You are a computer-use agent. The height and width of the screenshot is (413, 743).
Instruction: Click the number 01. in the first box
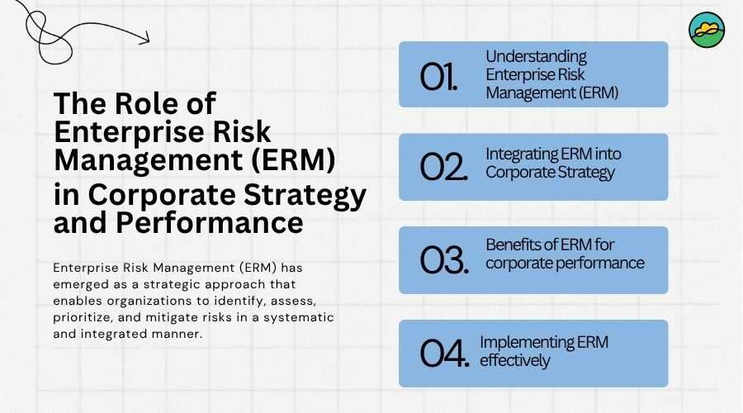[439, 77]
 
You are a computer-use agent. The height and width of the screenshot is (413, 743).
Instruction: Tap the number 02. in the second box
[444, 167]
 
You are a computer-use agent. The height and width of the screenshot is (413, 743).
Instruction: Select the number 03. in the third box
[444, 260]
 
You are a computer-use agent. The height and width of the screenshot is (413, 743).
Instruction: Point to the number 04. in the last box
[445, 354]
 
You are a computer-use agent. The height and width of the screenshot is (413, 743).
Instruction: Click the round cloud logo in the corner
[707, 30]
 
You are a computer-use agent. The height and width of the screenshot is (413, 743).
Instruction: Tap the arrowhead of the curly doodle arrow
[145, 38]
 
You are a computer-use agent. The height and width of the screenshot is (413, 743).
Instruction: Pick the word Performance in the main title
[210, 222]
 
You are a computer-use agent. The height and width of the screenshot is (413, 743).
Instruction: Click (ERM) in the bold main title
[293, 159]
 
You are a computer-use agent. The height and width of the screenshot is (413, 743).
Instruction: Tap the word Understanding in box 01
[536, 57]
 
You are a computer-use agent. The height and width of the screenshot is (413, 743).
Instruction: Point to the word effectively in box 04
[515, 361]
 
